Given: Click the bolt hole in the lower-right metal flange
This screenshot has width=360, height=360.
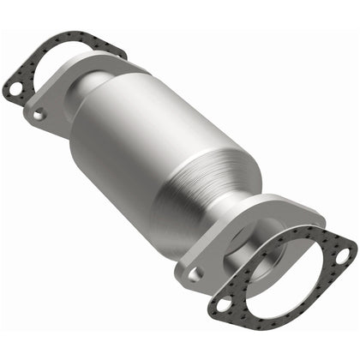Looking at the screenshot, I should click(196, 273).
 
